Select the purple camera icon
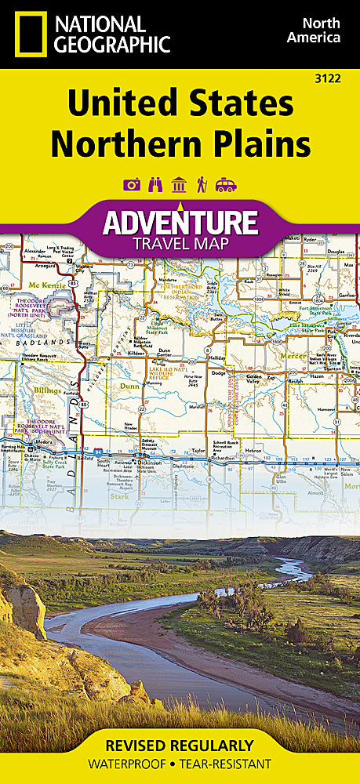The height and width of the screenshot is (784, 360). tap(132, 185)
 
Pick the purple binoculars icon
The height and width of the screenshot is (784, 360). tap(155, 185)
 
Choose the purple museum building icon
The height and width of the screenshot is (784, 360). tap(179, 185)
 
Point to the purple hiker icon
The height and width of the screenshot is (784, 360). tap(202, 185)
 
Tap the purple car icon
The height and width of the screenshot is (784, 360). tap(226, 185)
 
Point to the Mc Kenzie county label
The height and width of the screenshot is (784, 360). tap(44, 285)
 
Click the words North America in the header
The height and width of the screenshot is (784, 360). tap(313, 30)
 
